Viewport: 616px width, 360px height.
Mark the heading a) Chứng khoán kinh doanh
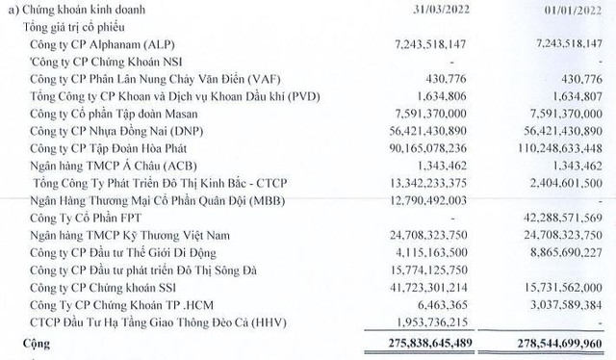point(78,11)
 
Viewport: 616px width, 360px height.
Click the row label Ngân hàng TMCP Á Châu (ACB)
point(109,167)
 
